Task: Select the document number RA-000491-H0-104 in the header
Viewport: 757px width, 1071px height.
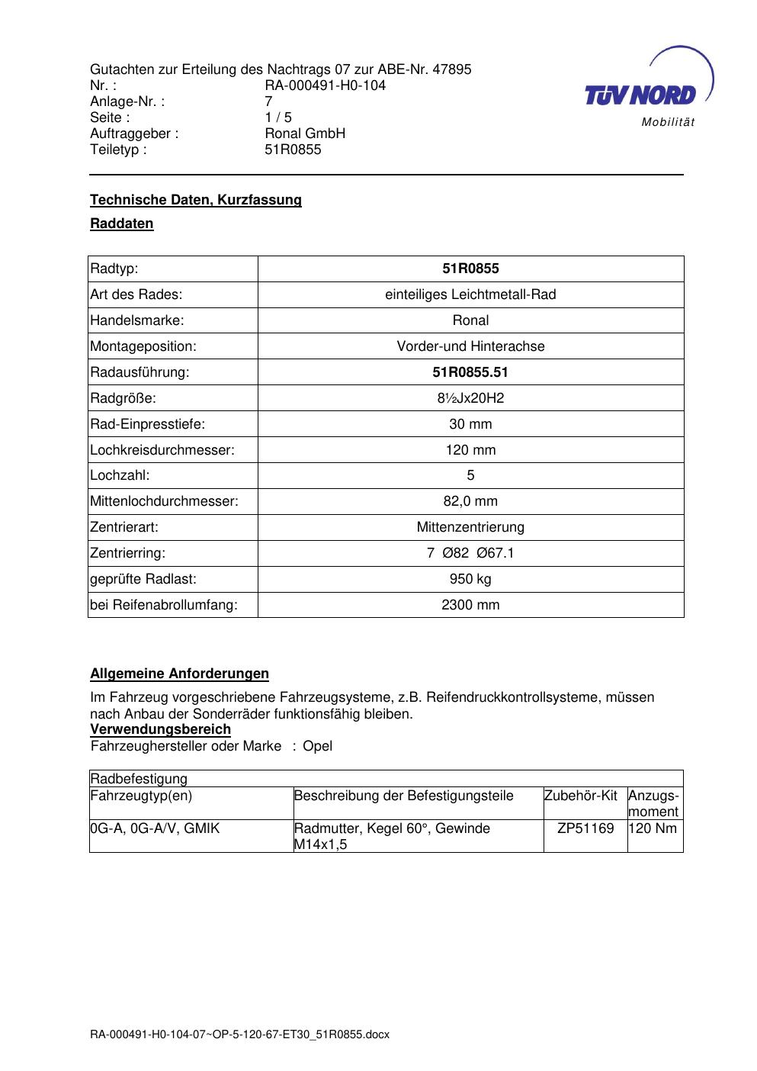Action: pos(325,85)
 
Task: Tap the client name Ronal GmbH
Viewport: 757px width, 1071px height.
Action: pos(305,133)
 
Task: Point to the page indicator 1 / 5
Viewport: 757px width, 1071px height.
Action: pos(278,117)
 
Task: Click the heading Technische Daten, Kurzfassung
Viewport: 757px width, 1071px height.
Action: pos(196,200)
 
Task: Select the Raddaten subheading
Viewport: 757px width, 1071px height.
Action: pos(122,224)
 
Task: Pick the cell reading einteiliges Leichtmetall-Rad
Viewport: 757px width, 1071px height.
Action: pos(470,294)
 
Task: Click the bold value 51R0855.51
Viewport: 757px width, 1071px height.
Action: pos(470,372)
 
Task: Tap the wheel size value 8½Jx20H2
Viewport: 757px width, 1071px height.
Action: pos(470,398)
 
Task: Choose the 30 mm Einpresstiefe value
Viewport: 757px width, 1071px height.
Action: pos(470,424)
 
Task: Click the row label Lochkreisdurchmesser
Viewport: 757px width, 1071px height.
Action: pos(162,450)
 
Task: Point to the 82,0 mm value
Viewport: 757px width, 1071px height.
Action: pos(470,501)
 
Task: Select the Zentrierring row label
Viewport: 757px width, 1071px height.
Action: pos(128,553)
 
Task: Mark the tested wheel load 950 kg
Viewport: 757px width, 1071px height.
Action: pos(470,579)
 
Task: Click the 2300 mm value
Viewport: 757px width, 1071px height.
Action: pos(470,605)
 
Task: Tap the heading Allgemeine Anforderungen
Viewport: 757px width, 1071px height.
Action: pos(180,674)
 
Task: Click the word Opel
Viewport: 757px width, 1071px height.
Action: pos(318,746)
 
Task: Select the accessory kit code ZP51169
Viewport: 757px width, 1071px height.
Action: pos(585,828)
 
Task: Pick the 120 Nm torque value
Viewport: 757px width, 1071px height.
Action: pos(653,828)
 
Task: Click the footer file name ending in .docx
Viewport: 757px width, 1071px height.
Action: pos(239,1035)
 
